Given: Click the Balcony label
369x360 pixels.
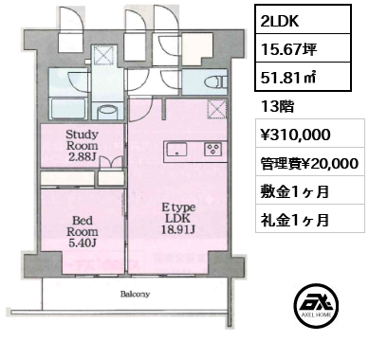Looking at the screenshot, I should (x=134, y=294).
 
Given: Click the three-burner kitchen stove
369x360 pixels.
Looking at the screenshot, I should (x=214, y=150).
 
